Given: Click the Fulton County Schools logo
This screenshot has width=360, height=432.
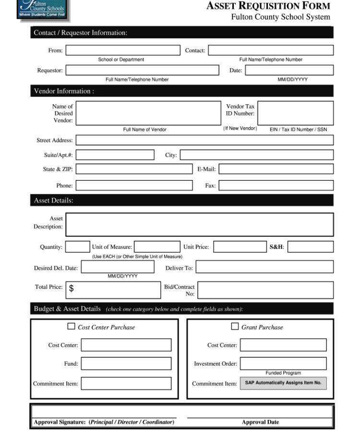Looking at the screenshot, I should [37, 10].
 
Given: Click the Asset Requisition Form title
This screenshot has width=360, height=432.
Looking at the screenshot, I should [268, 6].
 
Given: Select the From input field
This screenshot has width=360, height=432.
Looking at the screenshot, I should [123, 50].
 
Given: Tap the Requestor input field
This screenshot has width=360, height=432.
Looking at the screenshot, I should [142, 71].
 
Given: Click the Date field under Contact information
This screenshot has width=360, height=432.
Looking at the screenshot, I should [289, 71].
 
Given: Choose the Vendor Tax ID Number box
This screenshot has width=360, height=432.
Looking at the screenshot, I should [295, 113].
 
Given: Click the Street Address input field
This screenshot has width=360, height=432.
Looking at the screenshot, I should [204, 140].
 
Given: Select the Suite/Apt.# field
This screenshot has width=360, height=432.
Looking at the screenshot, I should [115, 155].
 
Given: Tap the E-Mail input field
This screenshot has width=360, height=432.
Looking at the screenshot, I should [276, 169].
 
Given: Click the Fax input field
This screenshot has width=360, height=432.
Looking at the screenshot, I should [276, 186].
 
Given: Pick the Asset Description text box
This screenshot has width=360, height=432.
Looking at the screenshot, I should [199, 225].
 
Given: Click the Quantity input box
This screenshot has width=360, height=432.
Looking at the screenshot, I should [77, 247].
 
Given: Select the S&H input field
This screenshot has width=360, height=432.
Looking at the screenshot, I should [310, 247].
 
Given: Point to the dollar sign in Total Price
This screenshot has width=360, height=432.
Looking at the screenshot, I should [72, 288].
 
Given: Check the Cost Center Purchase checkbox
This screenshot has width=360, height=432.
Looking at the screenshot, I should [72, 326].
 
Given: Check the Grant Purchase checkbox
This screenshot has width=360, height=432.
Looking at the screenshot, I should [235, 326].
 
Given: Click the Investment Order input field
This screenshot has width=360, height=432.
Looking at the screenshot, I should [283, 363].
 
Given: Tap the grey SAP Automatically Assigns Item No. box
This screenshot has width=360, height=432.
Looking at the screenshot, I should [283, 383].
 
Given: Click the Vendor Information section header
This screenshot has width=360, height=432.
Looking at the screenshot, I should [63, 91].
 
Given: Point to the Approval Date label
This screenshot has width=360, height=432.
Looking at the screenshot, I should [260, 422].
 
